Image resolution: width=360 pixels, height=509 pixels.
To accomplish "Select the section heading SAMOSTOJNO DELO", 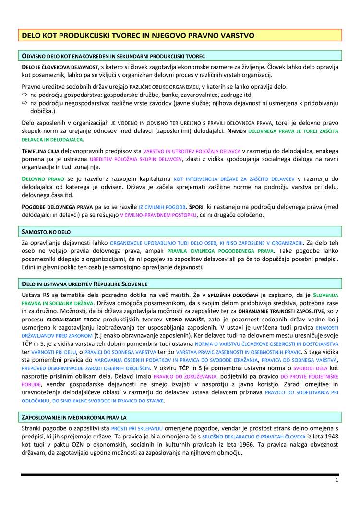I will tap(47, 232).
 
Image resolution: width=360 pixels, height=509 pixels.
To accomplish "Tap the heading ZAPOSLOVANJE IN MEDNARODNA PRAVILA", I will tap(74, 417).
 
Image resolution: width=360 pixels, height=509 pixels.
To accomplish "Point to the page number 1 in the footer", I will tap(337, 480).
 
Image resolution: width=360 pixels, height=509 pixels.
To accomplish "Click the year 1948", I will tap(329, 437).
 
